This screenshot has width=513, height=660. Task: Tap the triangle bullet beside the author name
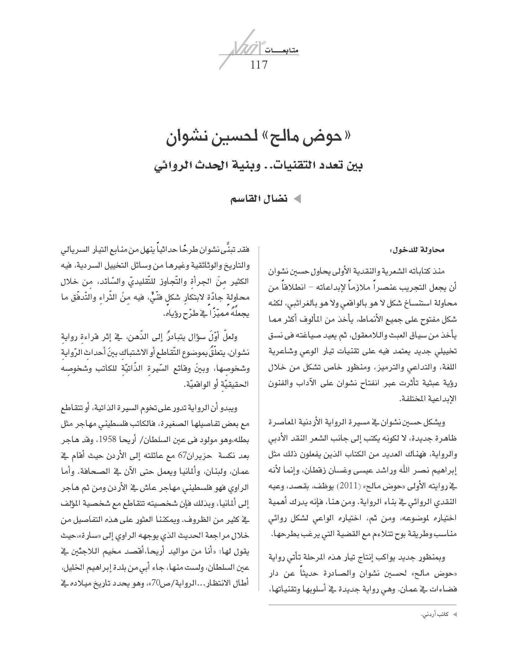[x=297, y=199]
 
